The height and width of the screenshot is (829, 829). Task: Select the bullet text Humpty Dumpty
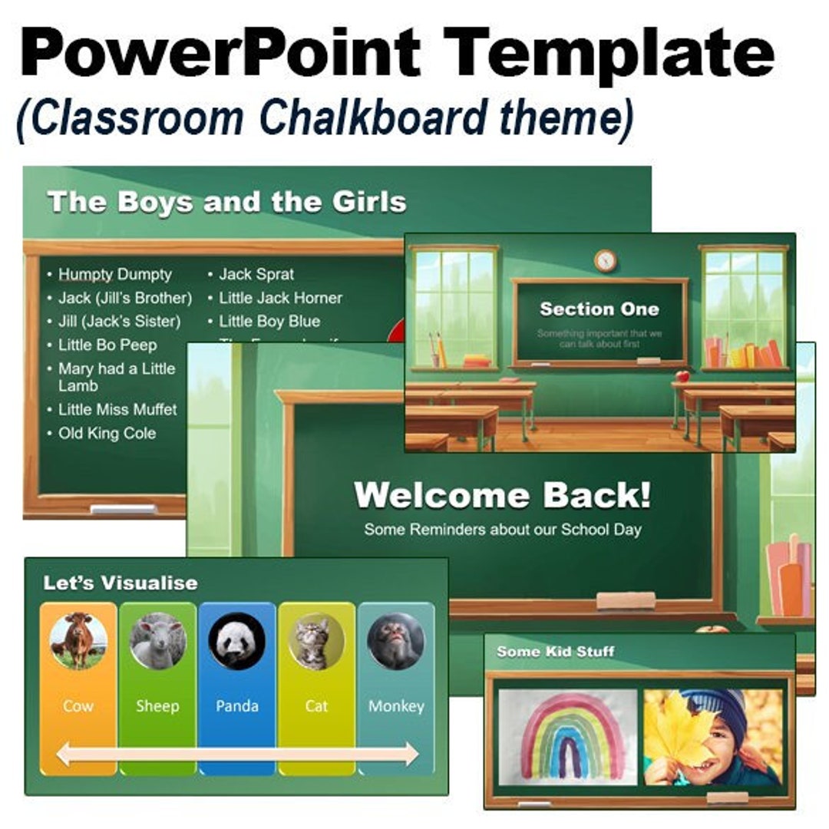pos(115,274)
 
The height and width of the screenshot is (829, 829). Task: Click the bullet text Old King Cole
pos(107,433)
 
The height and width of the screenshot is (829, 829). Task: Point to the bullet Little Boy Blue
pos(269,321)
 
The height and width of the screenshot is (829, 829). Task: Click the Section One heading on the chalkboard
pos(599,309)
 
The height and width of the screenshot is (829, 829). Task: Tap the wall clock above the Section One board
pos(606,260)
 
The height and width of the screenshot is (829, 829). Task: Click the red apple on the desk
pos(682,377)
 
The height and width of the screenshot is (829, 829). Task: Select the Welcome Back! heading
pos(503,496)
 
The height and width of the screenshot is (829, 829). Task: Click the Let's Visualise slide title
pos(120,583)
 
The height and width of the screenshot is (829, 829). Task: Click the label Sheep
pos(157,705)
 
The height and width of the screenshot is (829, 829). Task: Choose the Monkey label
pos(396,705)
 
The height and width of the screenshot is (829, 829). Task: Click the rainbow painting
pos(568,737)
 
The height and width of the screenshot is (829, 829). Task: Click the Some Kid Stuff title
pos(555,652)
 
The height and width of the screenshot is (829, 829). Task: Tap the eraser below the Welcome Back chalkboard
pos(626,600)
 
